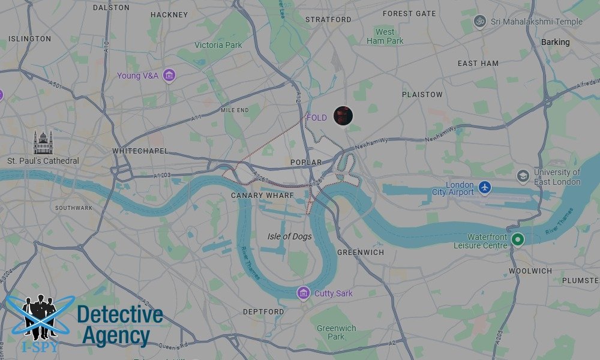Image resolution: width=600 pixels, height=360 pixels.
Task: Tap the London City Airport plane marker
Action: point(485,188)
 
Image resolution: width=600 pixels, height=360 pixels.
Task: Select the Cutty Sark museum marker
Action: point(304,293)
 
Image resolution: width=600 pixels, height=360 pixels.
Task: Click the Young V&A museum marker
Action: point(169,76)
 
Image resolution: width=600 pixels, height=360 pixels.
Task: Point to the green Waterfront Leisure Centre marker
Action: point(517,239)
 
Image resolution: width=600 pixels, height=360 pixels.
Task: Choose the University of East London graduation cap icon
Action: point(523,176)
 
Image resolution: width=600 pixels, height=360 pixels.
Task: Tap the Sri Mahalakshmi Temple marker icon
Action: point(479,22)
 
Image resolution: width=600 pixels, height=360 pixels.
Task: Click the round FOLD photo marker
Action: point(343,116)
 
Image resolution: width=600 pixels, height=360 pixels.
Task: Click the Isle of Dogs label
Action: point(289,236)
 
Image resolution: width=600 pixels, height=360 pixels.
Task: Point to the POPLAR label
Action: point(306,163)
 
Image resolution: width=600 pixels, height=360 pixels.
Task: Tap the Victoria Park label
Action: point(218,45)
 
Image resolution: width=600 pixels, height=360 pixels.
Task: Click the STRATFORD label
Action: point(328,20)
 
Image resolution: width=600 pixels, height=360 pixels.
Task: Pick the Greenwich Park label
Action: point(336,332)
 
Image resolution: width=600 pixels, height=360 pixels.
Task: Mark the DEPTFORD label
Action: point(263,312)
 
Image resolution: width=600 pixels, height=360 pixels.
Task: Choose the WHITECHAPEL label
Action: point(140,151)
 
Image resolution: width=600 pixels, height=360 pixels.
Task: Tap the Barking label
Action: point(555,42)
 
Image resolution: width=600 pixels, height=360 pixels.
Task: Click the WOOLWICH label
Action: point(530,271)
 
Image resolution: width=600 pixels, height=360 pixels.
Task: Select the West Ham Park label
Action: point(385,37)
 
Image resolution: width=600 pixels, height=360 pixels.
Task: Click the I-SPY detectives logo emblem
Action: point(40,317)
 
